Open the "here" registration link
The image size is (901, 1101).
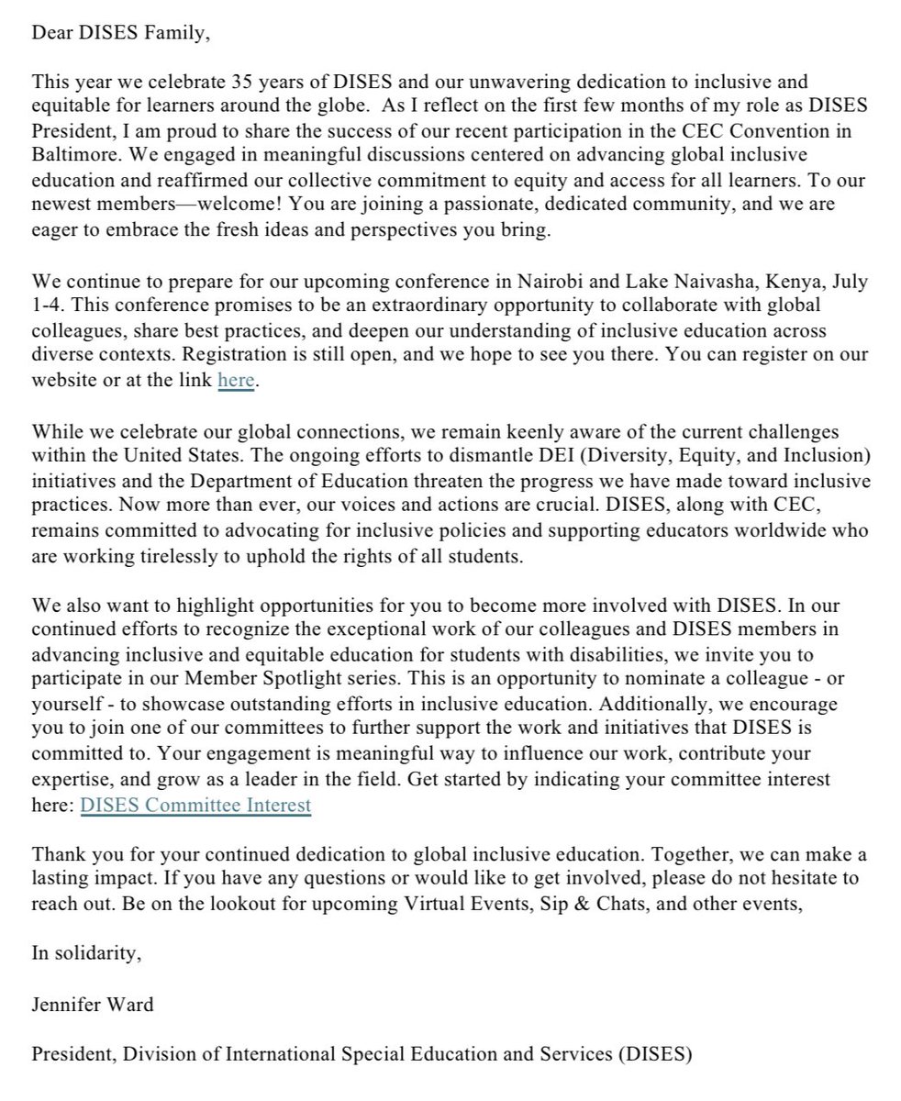coord(235,381)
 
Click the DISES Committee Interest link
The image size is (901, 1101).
coord(195,806)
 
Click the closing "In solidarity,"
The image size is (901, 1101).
coord(86,954)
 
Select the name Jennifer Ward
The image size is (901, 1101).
coord(93,1005)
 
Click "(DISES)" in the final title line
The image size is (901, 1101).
coord(653,1055)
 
